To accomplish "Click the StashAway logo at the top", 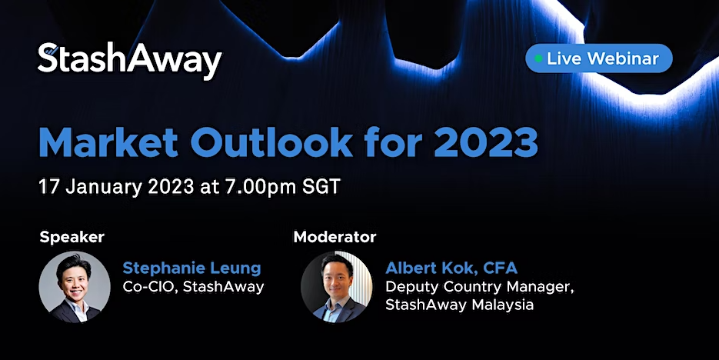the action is coord(130,61).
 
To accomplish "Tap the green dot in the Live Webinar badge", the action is coord(539,58).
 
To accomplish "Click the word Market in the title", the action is coord(108,142).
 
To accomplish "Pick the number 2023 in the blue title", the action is coord(485,142).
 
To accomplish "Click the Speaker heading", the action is coord(72,237).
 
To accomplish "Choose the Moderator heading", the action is coord(335,237).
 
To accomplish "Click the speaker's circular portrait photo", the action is coord(75,287).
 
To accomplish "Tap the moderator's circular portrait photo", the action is coord(337,287).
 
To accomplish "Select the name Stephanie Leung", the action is coord(191,268).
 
